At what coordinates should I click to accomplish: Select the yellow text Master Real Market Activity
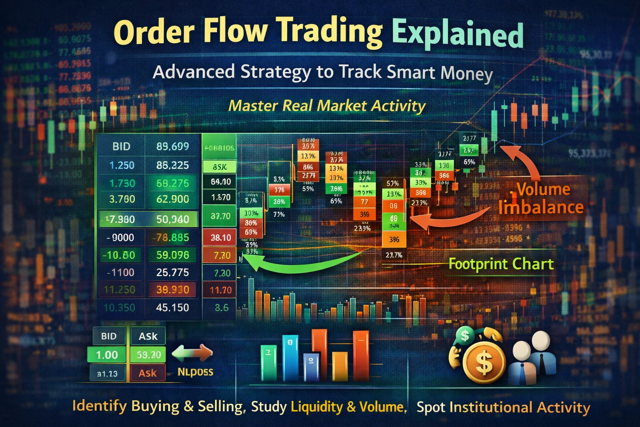point(327,105)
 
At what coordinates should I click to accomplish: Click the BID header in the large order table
point(121,146)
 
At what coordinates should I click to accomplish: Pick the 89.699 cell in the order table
point(172,146)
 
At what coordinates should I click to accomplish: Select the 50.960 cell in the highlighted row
point(172,219)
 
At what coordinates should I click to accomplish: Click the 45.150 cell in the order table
point(172,308)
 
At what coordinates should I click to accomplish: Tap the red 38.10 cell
point(220,238)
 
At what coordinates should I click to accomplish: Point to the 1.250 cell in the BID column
point(122,165)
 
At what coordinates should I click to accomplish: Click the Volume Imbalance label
point(542,198)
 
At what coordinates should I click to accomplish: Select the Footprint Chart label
point(501,264)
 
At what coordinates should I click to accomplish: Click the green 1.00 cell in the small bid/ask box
point(107,355)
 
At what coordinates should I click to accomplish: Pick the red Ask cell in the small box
point(147,373)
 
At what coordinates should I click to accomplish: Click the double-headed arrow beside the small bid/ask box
point(192,354)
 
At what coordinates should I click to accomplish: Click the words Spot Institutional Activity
point(503,407)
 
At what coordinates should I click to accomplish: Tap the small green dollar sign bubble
point(465,335)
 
